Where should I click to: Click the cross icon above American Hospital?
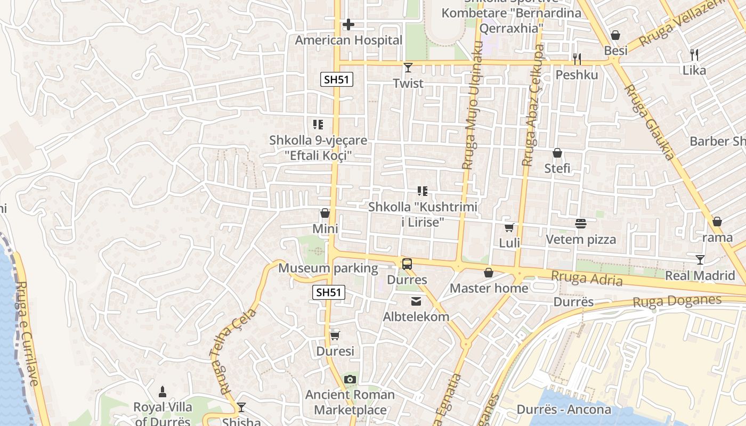click(348, 24)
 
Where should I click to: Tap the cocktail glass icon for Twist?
click(408, 68)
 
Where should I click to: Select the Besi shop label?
click(615, 51)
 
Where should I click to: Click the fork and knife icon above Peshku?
click(577, 59)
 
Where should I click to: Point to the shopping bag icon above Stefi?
click(557, 153)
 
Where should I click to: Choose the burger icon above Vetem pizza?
click(580, 224)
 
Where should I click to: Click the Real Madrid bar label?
click(700, 275)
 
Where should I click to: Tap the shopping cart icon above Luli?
click(509, 228)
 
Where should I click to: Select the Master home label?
click(489, 288)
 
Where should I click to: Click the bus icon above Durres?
click(407, 264)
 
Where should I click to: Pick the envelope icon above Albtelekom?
click(416, 301)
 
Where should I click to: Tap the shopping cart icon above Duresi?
click(335, 335)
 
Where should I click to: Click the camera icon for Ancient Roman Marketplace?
click(350, 379)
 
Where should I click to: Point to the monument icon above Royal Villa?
click(163, 391)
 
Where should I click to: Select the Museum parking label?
click(328, 268)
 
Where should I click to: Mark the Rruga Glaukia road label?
click(649, 122)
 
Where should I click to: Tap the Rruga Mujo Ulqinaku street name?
click(472, 106)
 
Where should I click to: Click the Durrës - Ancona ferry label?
click(564, 409)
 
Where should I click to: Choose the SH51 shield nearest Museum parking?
click(329, 292)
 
